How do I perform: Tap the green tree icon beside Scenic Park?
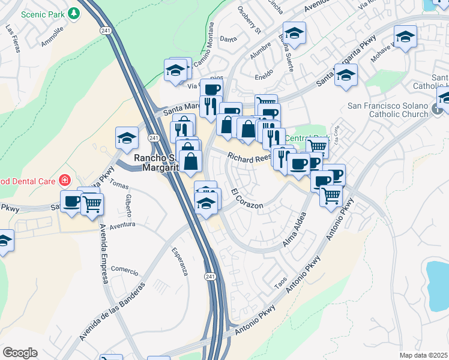[73, 13]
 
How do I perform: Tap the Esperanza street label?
[179, 262]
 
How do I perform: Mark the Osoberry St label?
[250, 20]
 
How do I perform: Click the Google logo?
[20, 353]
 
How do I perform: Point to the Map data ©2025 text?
[424, 355]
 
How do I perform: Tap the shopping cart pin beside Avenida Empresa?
[92, 203]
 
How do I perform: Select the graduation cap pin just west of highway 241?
[127, 139]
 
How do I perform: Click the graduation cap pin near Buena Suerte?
[294, 33]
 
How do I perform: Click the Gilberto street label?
[128, 206]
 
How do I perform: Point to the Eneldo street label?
[264, 73]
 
